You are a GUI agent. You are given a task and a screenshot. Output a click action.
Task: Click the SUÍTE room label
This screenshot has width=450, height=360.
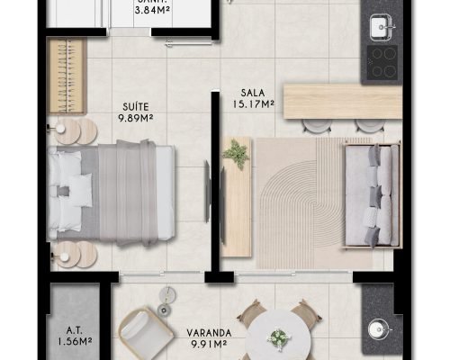click(136, 107)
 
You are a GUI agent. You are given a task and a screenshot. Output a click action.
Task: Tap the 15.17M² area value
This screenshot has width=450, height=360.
click(254, 104)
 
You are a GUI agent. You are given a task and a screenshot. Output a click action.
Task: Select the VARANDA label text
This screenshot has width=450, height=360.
click(209, 333)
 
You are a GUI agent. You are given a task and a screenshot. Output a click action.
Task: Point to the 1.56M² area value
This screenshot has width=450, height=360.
click(75, 341)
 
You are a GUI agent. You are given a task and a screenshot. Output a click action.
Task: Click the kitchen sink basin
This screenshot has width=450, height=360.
click(381, 27)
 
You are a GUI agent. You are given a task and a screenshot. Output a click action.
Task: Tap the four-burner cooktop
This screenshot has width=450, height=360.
click(382, 63)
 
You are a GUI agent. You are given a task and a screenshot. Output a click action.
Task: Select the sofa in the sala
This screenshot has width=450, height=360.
click(373, 195)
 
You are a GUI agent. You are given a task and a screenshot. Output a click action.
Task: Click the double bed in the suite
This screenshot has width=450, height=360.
click(111, 193)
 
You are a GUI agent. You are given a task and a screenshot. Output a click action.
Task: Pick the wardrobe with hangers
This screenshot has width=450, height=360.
click(67, 76)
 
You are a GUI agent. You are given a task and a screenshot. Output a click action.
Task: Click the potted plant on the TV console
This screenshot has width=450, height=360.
click(236, 154)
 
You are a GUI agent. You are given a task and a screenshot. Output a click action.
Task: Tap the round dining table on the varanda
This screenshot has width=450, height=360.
click(279, 335)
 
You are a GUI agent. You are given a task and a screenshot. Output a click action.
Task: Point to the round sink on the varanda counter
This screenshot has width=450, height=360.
click(377, 330)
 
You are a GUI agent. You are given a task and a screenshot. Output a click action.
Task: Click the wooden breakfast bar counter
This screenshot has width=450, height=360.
click(343, 101)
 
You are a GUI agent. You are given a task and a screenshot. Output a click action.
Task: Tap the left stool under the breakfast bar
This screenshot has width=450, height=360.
click(317, 125)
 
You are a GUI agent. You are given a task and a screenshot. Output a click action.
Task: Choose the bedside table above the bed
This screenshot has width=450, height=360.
click(76, 130)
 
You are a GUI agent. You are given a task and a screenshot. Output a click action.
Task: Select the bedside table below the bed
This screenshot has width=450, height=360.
click(76, 255)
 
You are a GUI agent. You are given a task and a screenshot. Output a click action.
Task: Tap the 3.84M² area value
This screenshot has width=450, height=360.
click(152, 11)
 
